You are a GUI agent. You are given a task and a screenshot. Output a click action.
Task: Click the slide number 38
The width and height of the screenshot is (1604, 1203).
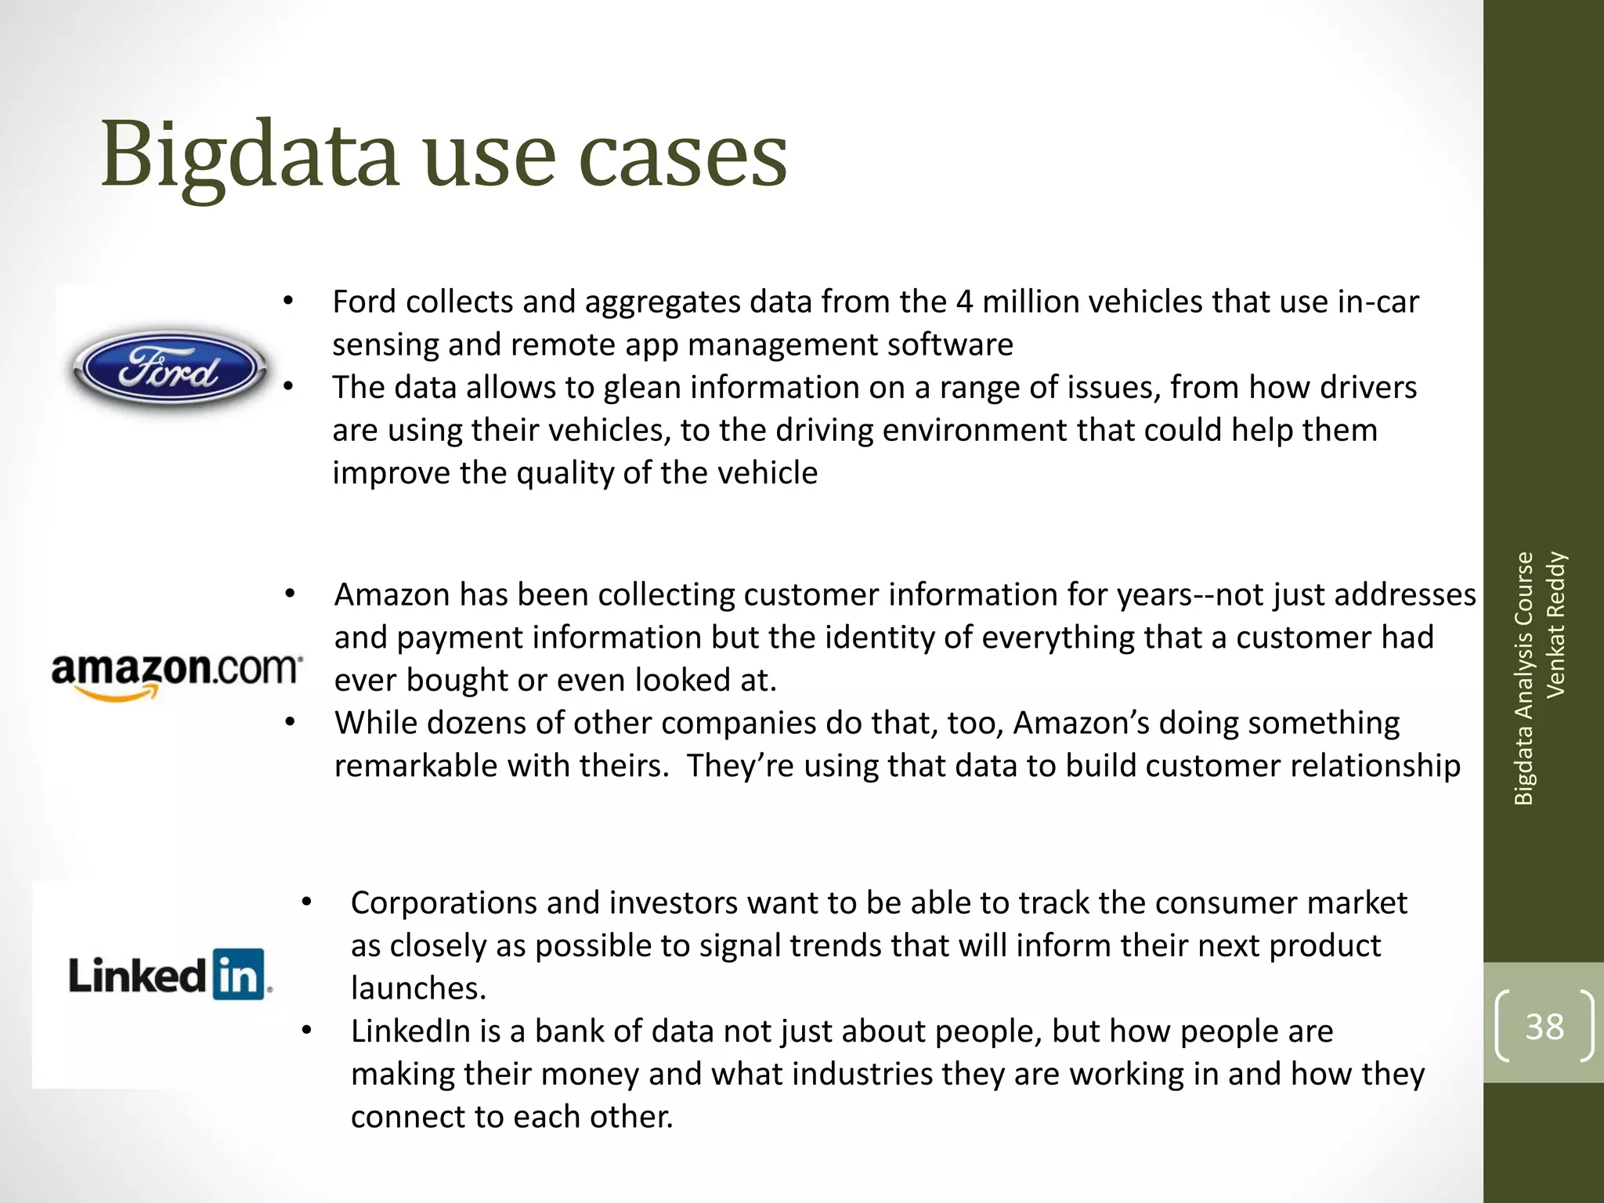1544,1026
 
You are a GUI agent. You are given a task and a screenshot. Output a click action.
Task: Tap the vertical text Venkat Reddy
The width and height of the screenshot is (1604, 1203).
1555,624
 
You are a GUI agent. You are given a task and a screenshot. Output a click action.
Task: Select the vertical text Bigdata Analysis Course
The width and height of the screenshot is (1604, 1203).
1523,678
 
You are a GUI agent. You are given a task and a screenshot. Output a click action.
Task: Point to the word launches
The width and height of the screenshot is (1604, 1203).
418,988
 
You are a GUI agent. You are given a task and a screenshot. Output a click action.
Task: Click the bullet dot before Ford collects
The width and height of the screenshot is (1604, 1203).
288,302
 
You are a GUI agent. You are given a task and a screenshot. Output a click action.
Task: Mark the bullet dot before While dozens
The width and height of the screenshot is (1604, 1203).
290,722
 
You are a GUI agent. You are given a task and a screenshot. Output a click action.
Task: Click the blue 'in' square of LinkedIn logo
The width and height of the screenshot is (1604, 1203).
238,975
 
